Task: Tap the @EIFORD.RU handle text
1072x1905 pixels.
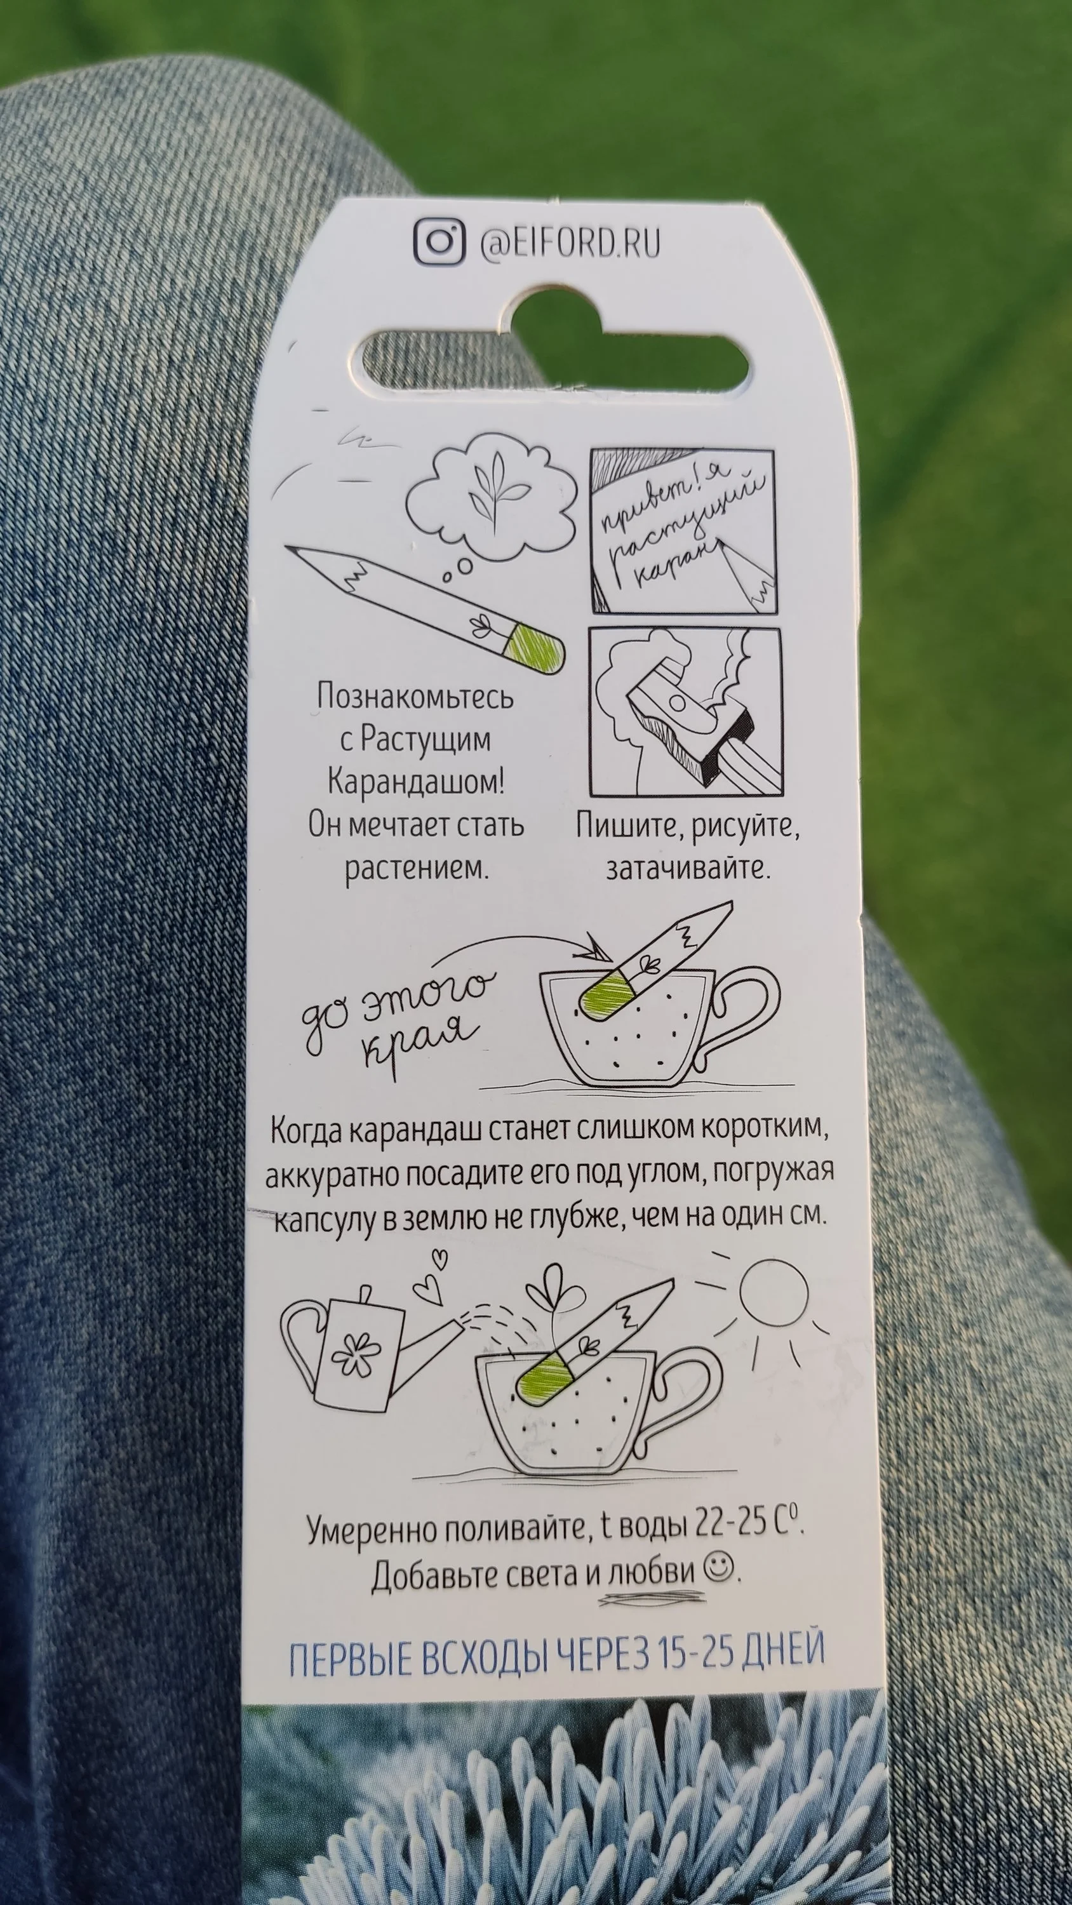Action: (x=570, y=243)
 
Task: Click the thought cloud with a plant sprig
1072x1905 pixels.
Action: (x=493, y=495)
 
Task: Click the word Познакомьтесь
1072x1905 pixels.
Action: (x=415, y=697)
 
